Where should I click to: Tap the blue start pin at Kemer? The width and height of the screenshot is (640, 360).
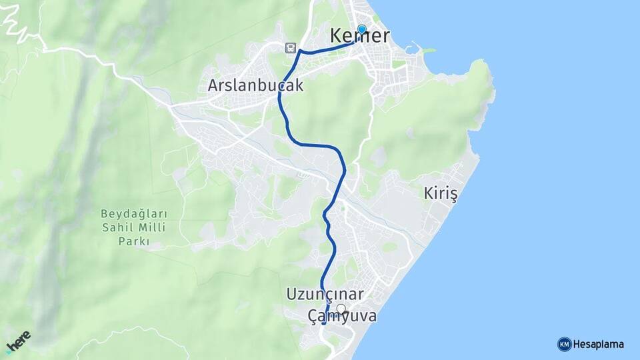point(361,29)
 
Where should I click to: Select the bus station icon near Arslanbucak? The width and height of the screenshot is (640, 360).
point(290,47)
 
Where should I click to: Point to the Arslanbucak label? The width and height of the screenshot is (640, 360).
point(255,86)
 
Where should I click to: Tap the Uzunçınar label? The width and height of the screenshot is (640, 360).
point(325,294)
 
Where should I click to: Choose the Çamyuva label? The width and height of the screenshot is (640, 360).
point(342,317)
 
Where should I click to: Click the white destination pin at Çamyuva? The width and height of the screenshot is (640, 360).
point(341,309)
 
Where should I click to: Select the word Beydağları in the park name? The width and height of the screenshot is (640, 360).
point(133,214)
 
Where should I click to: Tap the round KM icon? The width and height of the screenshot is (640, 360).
point(564,344)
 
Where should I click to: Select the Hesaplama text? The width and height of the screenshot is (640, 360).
point(599,345)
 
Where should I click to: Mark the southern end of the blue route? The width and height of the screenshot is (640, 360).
point(323,324)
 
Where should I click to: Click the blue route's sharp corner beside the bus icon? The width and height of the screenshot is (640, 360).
point(300,51)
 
